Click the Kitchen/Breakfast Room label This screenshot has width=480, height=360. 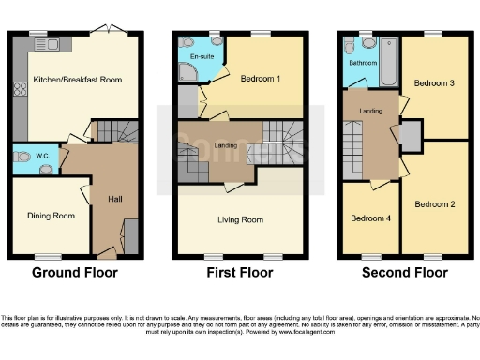[x=77, y=81]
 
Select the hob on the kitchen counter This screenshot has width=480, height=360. [x=18, y=91]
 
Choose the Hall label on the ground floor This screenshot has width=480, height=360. [x=115, y=199]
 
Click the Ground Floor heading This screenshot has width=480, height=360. [x=75, y=274]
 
